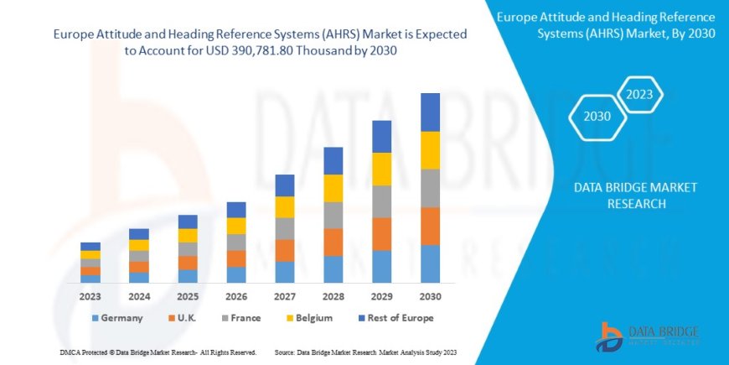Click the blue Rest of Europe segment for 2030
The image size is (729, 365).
point(430,112)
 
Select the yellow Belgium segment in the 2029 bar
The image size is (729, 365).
point(381,169)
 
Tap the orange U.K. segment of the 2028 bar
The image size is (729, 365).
point(333,242)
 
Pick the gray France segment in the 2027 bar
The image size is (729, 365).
point(284,228)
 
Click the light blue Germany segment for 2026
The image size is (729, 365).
point(236,274)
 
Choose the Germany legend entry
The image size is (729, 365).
point(116,318)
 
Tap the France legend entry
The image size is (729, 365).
point(242,318)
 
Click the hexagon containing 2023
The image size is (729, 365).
point(639,95)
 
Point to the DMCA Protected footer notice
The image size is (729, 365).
point(158,352)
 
